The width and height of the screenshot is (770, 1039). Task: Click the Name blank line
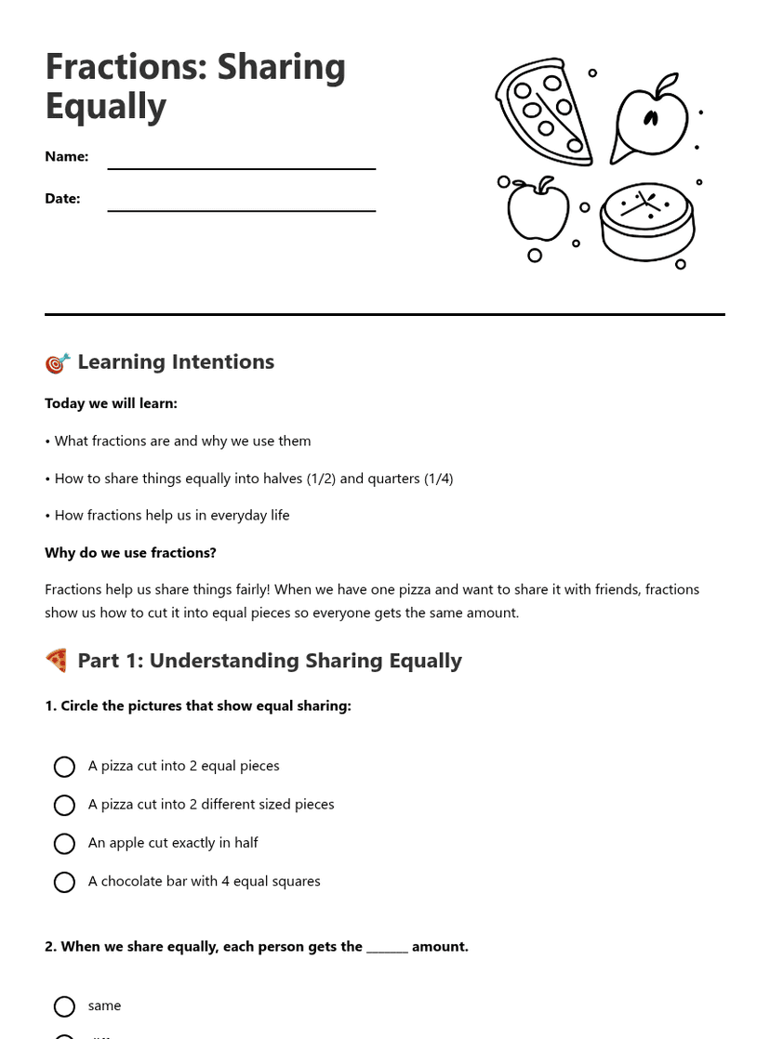[x=241, y=167]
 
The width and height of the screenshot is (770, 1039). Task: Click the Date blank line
[x=241, y=209]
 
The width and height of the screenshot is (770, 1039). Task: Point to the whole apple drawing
[x=538, y=210]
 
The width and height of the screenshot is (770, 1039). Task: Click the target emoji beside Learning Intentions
[x=57, y=362]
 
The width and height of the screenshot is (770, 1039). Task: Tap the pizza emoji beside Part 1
[x=57, y=661]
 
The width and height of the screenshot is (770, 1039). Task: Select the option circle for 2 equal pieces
[x=64, y=767]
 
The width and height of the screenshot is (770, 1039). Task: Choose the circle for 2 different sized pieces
[x=64, y=805]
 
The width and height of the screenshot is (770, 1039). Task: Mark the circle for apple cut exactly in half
[x=64, y=844]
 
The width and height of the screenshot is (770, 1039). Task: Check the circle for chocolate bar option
[x=64, y=882]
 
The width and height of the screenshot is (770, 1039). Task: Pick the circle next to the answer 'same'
[x=64, y=1006]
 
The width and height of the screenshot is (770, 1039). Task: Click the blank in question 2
[x=387, y=948]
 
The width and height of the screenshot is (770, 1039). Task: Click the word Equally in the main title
[x=105, y=106]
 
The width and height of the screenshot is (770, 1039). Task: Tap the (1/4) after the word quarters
[x=438, y=479]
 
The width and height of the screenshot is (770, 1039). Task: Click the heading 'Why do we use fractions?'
[x=130, y=553]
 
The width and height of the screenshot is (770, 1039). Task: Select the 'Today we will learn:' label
[x=111, y=403]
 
